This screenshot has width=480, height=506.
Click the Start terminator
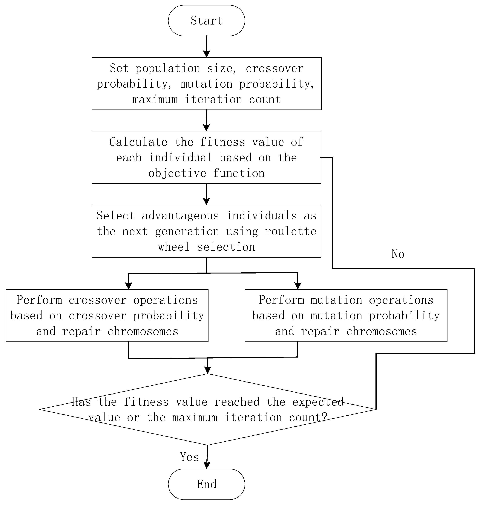[x=206, y=20]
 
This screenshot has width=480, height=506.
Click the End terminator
[x=206, y=484]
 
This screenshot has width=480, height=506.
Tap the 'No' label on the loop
[x=398, y=254]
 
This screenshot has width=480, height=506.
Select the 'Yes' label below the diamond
[x=189, y=457]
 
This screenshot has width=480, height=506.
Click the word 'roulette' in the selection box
[x=290, y=232]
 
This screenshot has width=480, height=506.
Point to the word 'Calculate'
[x=138, y=142]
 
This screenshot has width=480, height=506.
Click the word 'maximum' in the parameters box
[x=155, y=100]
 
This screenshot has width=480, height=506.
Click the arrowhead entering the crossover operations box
[x=128, y=286]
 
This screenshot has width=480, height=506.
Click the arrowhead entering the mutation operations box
[x=298, y=286]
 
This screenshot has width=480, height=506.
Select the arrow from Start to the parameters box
[x=206, y=47]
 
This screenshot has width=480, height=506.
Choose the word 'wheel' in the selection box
[x=174, y=247]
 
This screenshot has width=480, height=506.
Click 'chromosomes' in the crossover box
[x=143, y=332]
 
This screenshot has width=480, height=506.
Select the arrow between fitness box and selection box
[x=206, y=194]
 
